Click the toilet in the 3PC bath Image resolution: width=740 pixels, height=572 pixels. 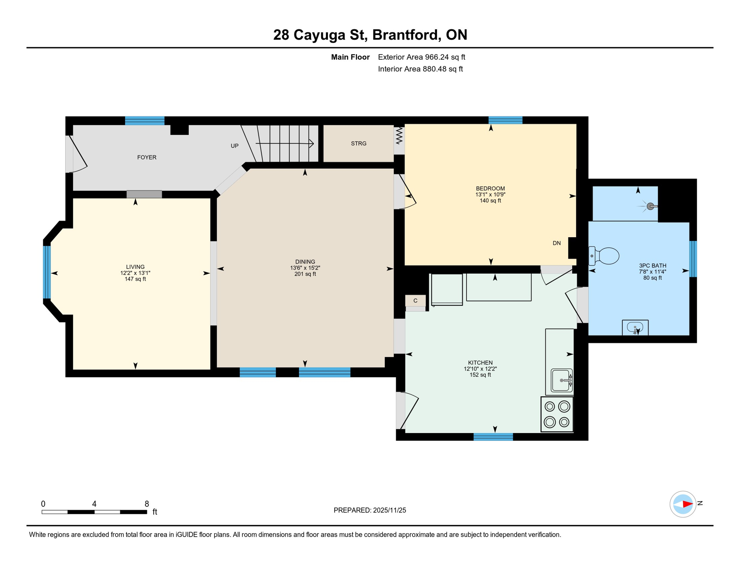click(605, 256)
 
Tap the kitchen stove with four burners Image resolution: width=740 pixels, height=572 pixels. click(556, 414)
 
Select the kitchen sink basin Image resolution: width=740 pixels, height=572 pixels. click(561, 380)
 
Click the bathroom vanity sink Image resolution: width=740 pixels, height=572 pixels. click(635, 328)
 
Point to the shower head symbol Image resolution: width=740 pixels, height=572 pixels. click(650, 206)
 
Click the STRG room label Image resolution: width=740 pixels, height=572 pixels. click(358, 143)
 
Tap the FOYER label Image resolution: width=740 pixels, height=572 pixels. click(147, 157)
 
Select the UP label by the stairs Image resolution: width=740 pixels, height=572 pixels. click(235, 146)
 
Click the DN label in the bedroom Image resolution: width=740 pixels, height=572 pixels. click(556, 243)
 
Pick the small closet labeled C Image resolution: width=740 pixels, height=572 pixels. click(415, 301)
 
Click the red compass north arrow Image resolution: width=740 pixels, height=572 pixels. click(687, 504)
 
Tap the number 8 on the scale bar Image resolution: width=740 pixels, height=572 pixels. click(147, 504)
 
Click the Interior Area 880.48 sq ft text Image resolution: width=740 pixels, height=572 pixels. click(420, 69)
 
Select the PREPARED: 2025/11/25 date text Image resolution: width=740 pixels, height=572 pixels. click(370, 510)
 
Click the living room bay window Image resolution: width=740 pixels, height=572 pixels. click(47, 272)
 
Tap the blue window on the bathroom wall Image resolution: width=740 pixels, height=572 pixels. click(693, 259)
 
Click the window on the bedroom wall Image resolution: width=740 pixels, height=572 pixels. click(505, 120)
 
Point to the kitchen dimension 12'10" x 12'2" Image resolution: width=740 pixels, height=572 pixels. click(480, 369)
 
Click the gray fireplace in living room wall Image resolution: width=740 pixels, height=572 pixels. click(144, 194)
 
